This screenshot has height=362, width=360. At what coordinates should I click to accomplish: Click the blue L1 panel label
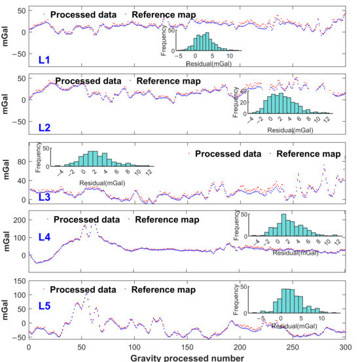(x=44, y=60)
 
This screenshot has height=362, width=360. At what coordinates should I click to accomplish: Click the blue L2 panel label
(x=45, y=128)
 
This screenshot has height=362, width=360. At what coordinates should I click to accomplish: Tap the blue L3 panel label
(x=45, y=197)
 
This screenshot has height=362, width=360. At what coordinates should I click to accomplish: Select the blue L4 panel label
(x=45, y=237)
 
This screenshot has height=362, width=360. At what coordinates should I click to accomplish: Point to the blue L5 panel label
(x=45, y=306)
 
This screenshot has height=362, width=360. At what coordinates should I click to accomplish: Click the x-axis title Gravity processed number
(x=187, y=358)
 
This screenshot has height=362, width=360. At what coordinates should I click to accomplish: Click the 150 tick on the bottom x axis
(x=187, y=347)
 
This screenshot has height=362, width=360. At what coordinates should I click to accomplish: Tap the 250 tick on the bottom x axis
(x=293, y=347)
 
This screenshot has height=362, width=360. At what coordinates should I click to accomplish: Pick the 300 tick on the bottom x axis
(x=346, y=347)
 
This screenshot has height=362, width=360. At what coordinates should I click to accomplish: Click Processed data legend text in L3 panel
(x=228, y=154)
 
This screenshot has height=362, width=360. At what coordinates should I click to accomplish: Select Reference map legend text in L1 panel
(x=164, y=15)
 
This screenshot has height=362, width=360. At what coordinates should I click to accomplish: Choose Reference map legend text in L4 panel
(x=167, y=219)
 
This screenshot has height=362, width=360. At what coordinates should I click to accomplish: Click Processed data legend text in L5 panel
(x=83, y=290)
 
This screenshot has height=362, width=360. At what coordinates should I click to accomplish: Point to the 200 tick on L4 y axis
(x=20, y=220)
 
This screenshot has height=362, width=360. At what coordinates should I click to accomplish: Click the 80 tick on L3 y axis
(x=21, y=162)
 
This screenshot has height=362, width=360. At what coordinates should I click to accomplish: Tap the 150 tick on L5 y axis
(x=20, y=281)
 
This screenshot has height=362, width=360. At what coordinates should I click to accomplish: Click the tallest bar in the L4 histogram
(x=284, y=225)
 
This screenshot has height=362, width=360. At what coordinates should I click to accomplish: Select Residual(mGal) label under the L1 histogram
(x=209, y=63)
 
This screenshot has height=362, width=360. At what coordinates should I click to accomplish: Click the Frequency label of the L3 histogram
(x=38, y=157)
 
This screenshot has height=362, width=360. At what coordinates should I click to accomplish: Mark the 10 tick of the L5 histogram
(x=321, y=319)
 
